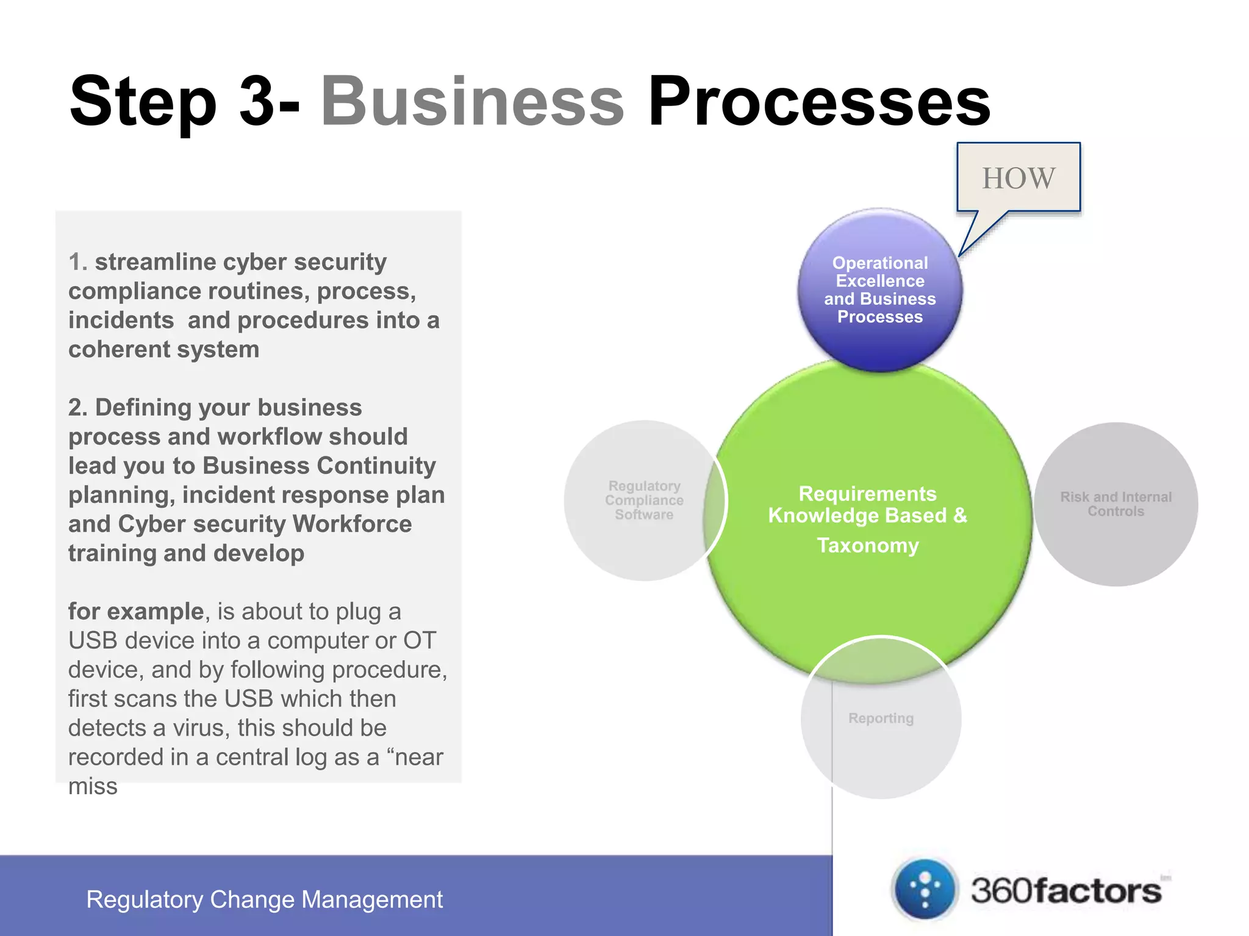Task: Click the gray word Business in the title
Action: click(x=473, y=101)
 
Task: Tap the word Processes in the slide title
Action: click(x=819, y=101)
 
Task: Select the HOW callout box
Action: click(x=1018, y=178)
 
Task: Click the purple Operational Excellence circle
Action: click(x=880, y=290)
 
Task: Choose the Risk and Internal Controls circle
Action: click(x=1116, y=504)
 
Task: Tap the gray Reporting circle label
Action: click(x=881, y=718)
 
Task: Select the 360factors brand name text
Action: click(x=1066, y=891)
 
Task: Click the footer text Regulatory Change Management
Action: click(x=264, y=899)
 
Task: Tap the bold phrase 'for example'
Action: click(x=135, y=611)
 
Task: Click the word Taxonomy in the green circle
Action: click(x=868, y=545)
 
